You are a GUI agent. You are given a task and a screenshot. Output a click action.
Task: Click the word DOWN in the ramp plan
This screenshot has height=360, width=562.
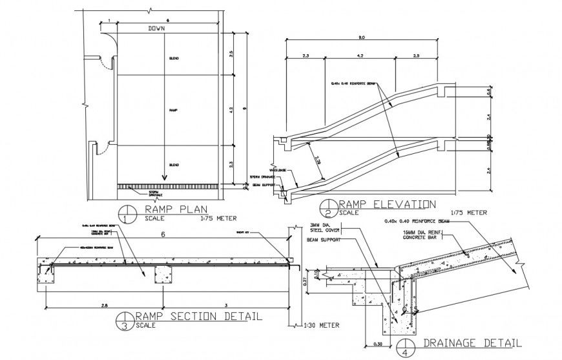coord(156,29)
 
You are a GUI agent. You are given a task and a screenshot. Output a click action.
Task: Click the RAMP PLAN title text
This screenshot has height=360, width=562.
coord(166,208)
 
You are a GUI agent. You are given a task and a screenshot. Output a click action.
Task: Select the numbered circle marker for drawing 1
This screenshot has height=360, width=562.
coord(127,212)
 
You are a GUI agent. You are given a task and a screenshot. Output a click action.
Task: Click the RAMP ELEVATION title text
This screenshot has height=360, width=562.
coord(387,204)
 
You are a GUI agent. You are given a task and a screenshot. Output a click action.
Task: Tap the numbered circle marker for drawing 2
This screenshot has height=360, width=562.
coord(328,208)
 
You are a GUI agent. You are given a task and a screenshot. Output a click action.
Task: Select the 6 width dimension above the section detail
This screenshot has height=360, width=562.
coord(163,235)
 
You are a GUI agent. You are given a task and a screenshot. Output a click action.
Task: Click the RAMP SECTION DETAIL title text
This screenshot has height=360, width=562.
coord(198,316)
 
